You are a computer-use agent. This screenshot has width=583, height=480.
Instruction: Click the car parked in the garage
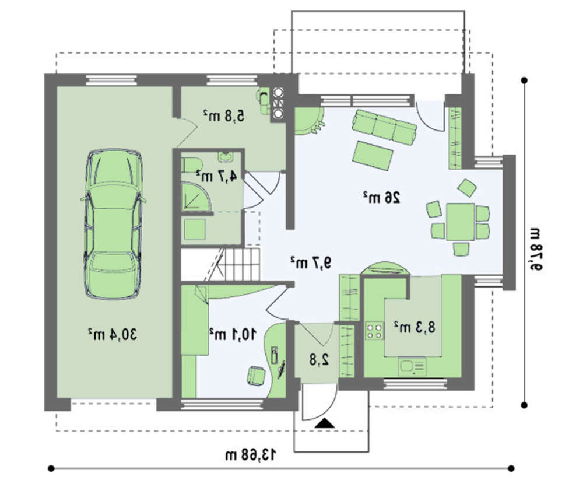pyautogui.click(x=113, y=224)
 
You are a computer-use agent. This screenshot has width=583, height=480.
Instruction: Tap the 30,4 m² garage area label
pyautogui.click(x=113, y=334)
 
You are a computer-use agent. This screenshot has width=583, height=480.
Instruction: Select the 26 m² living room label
pyautogui.click(x=382, y=197)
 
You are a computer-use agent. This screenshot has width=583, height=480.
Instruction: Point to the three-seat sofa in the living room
pyautogui.click(x=384, y=127)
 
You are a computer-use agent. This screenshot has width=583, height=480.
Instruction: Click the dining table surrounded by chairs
pyautogui.click(x=461, y=222)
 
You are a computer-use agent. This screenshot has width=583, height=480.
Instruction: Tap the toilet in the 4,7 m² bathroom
pyautogui.click(x=191, y=165)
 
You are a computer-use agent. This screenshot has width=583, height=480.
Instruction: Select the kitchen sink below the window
pyautogui.click(x=412, y=366)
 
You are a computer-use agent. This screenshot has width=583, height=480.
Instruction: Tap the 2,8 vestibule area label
pyautogui.click(x=319, y=359)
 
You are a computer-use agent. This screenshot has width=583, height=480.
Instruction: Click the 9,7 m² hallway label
pyautogui.click(x=311, y=262)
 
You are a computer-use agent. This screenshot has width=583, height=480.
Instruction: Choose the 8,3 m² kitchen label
pyautogui.click(x=415, y=327)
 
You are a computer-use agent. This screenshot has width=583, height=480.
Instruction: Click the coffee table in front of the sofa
pyautogui.click(x=373, y=156)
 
